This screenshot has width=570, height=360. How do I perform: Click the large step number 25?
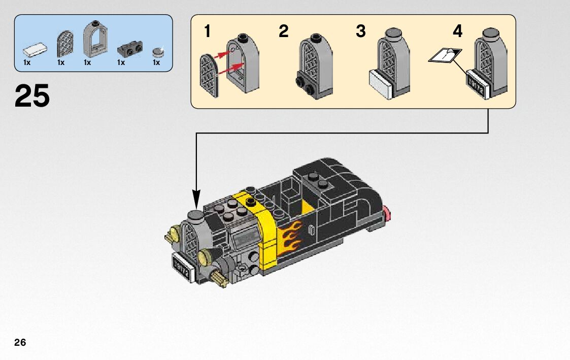(x=32, y=96)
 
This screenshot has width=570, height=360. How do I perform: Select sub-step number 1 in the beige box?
(x=207, y=31)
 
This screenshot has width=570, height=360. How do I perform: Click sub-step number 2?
(x=283, y=31)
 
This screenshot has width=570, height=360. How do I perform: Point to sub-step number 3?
(x=360, y=31)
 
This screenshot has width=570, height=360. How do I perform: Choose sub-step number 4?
(x=457, y=31)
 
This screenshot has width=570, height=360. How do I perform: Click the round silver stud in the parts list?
(x=158, y=51)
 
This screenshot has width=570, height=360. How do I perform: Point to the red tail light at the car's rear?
(x=387, y=213)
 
